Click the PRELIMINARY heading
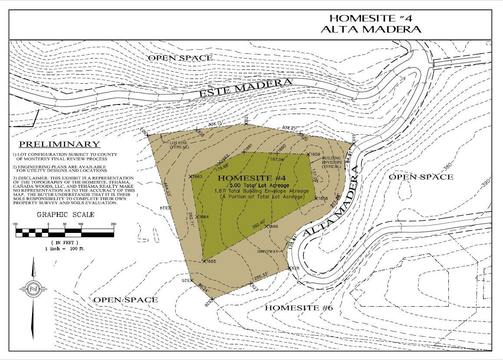(x=59, y=144)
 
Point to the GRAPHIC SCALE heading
(x=66, y=214)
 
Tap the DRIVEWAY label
(x=267, y=251)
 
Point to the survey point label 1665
(x=211, y=262)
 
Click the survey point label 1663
(x=197, y=177)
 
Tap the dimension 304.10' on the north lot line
(x=215, y=124)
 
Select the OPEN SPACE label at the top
(x=180, y=58)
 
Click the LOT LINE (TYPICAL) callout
(x=179, y=145)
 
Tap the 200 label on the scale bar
(x=113, y=224)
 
